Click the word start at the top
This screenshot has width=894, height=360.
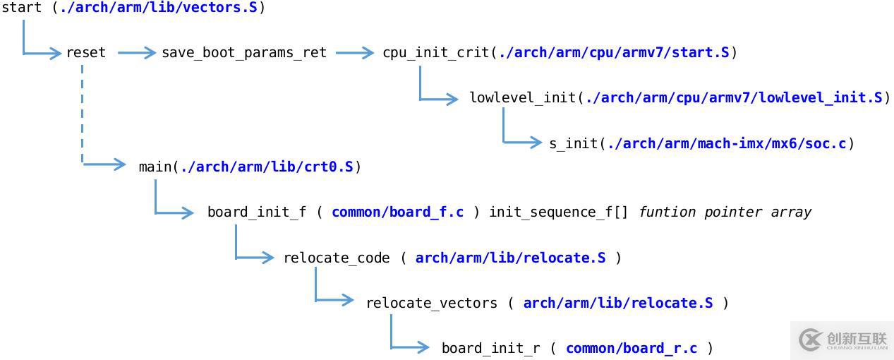(22, 8)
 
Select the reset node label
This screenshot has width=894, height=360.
(86, 53)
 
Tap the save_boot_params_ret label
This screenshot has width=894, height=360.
(244, 53)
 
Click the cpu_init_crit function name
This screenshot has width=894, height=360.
(436, 53)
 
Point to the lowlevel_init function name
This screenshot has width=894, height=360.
(523, 98)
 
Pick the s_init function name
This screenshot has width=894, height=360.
(574, 144)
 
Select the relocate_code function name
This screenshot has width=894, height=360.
(337, 258)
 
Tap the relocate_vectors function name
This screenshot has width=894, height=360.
(431, 304)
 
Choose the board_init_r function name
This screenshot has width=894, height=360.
(491, 349)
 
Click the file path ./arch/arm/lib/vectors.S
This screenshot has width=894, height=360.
(158, 8)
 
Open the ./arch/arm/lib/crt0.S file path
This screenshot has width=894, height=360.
(267, 167)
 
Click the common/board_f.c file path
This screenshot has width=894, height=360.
(397, 212)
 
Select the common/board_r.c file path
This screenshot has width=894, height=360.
(632, 349)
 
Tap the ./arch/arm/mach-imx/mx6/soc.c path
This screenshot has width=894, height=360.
(727, 144)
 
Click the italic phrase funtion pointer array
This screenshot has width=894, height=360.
(725, 212)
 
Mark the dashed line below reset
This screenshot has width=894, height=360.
(83, 113)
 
